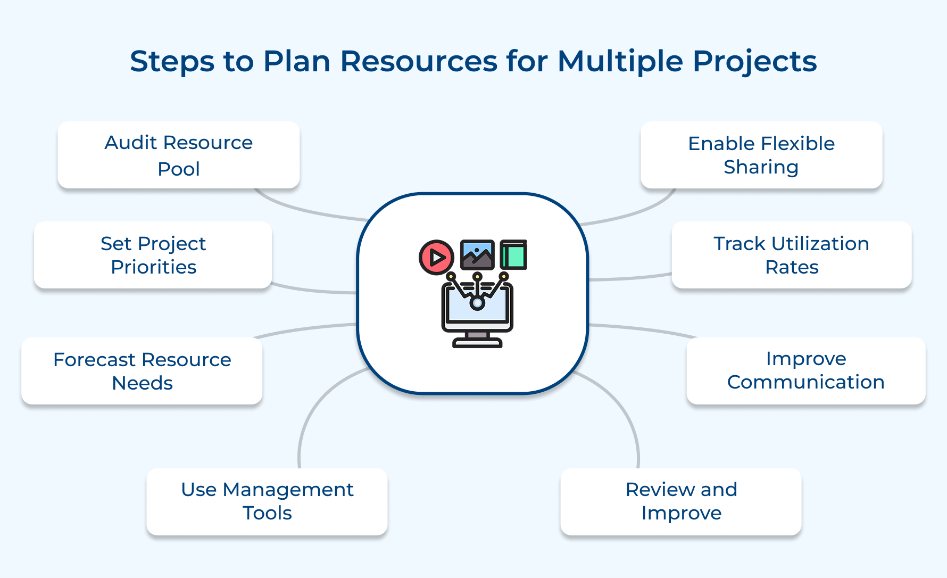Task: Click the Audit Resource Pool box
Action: (178, 155)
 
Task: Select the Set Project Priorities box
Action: (153, 255)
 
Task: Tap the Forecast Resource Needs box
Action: (142, 371)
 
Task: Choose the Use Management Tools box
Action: (267, 501)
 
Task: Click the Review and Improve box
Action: (681, 501)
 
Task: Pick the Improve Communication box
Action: (805, 370)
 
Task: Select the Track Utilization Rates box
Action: (791, 255)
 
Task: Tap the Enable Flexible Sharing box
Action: (761, 155)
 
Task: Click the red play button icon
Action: (436, 257)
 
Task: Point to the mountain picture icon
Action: (477, 255)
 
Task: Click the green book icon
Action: (514, 255)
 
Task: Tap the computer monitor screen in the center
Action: (477, 309)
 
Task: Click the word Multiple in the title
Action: (620, 61)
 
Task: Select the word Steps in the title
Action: (171, 61)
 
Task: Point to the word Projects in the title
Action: (754, 61)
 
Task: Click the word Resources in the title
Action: (419, 61)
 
